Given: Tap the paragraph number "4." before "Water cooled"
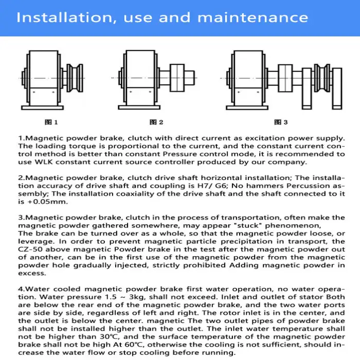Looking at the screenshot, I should pyautogui.click(x=21, y=289).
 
